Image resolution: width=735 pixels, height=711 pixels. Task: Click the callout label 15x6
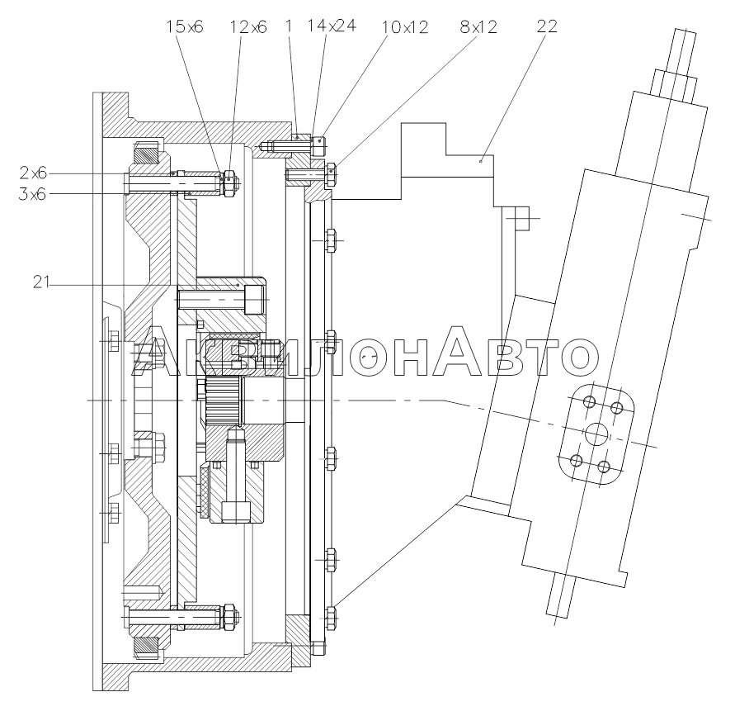click(x=185, y=26)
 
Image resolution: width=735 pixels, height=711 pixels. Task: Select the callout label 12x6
click(x=248, y=27)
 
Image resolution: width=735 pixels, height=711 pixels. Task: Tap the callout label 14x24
click(x=332, y=26)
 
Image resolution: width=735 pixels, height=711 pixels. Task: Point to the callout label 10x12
click(x=405, y=27)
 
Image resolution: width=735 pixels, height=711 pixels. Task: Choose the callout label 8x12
click(x=478, y=26)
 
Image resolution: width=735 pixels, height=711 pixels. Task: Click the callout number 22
click(x=547, y=26)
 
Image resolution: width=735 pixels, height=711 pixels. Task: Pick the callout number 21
click(x=41, y=282)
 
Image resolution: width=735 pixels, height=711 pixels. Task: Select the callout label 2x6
click(x=33, y=173)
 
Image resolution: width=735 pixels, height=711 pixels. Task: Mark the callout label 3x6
click(x=33, y=193)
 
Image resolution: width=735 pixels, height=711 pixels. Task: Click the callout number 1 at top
click(x=289, y=26)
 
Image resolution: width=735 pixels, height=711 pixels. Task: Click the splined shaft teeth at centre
click(x=221, y=400)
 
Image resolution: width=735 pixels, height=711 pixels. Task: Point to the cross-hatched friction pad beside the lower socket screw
click(x=204, y=492)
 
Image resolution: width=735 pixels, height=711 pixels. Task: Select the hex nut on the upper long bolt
click(x=229, y=183)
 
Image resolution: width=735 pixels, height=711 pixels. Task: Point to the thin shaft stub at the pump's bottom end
click(x=560, y=595)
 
